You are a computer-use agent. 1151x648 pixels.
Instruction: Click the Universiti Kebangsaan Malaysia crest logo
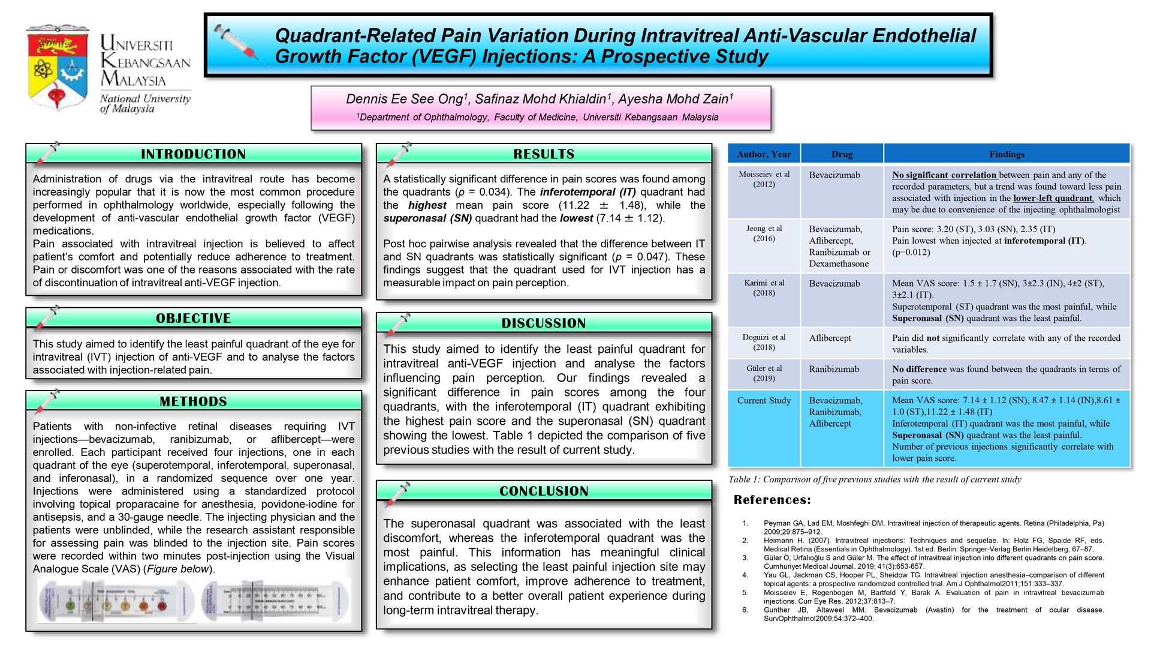tap(58, 67)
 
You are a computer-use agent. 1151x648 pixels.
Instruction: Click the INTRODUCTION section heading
tap(193, 154)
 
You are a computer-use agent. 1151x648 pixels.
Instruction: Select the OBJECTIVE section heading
tap(193, 319)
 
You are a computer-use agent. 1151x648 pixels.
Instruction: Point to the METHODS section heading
tap(193, 401)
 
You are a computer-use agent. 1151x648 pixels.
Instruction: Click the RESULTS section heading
tap(544, 154)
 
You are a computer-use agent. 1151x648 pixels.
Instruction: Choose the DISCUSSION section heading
tap(544, 323)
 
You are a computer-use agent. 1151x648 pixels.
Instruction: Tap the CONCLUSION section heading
tap(544, 491)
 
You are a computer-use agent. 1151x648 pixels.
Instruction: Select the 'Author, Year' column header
tap(764, 154)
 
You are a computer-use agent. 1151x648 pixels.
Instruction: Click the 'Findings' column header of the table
tap(1007, 154)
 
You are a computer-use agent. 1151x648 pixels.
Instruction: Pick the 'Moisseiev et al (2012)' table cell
tap(764, 179)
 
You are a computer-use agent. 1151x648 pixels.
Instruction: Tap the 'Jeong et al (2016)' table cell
tap(764, 233)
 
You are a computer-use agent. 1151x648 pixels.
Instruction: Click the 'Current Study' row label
tap(764, 401)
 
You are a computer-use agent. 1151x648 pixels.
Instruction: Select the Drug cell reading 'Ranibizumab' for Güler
tap(834, 370)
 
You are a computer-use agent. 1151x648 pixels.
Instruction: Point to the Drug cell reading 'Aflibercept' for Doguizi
tap(830, 338)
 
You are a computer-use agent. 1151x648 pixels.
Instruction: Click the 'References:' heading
tap(772, 500)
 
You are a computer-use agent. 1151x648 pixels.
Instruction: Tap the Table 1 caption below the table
tap(875, 479)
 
